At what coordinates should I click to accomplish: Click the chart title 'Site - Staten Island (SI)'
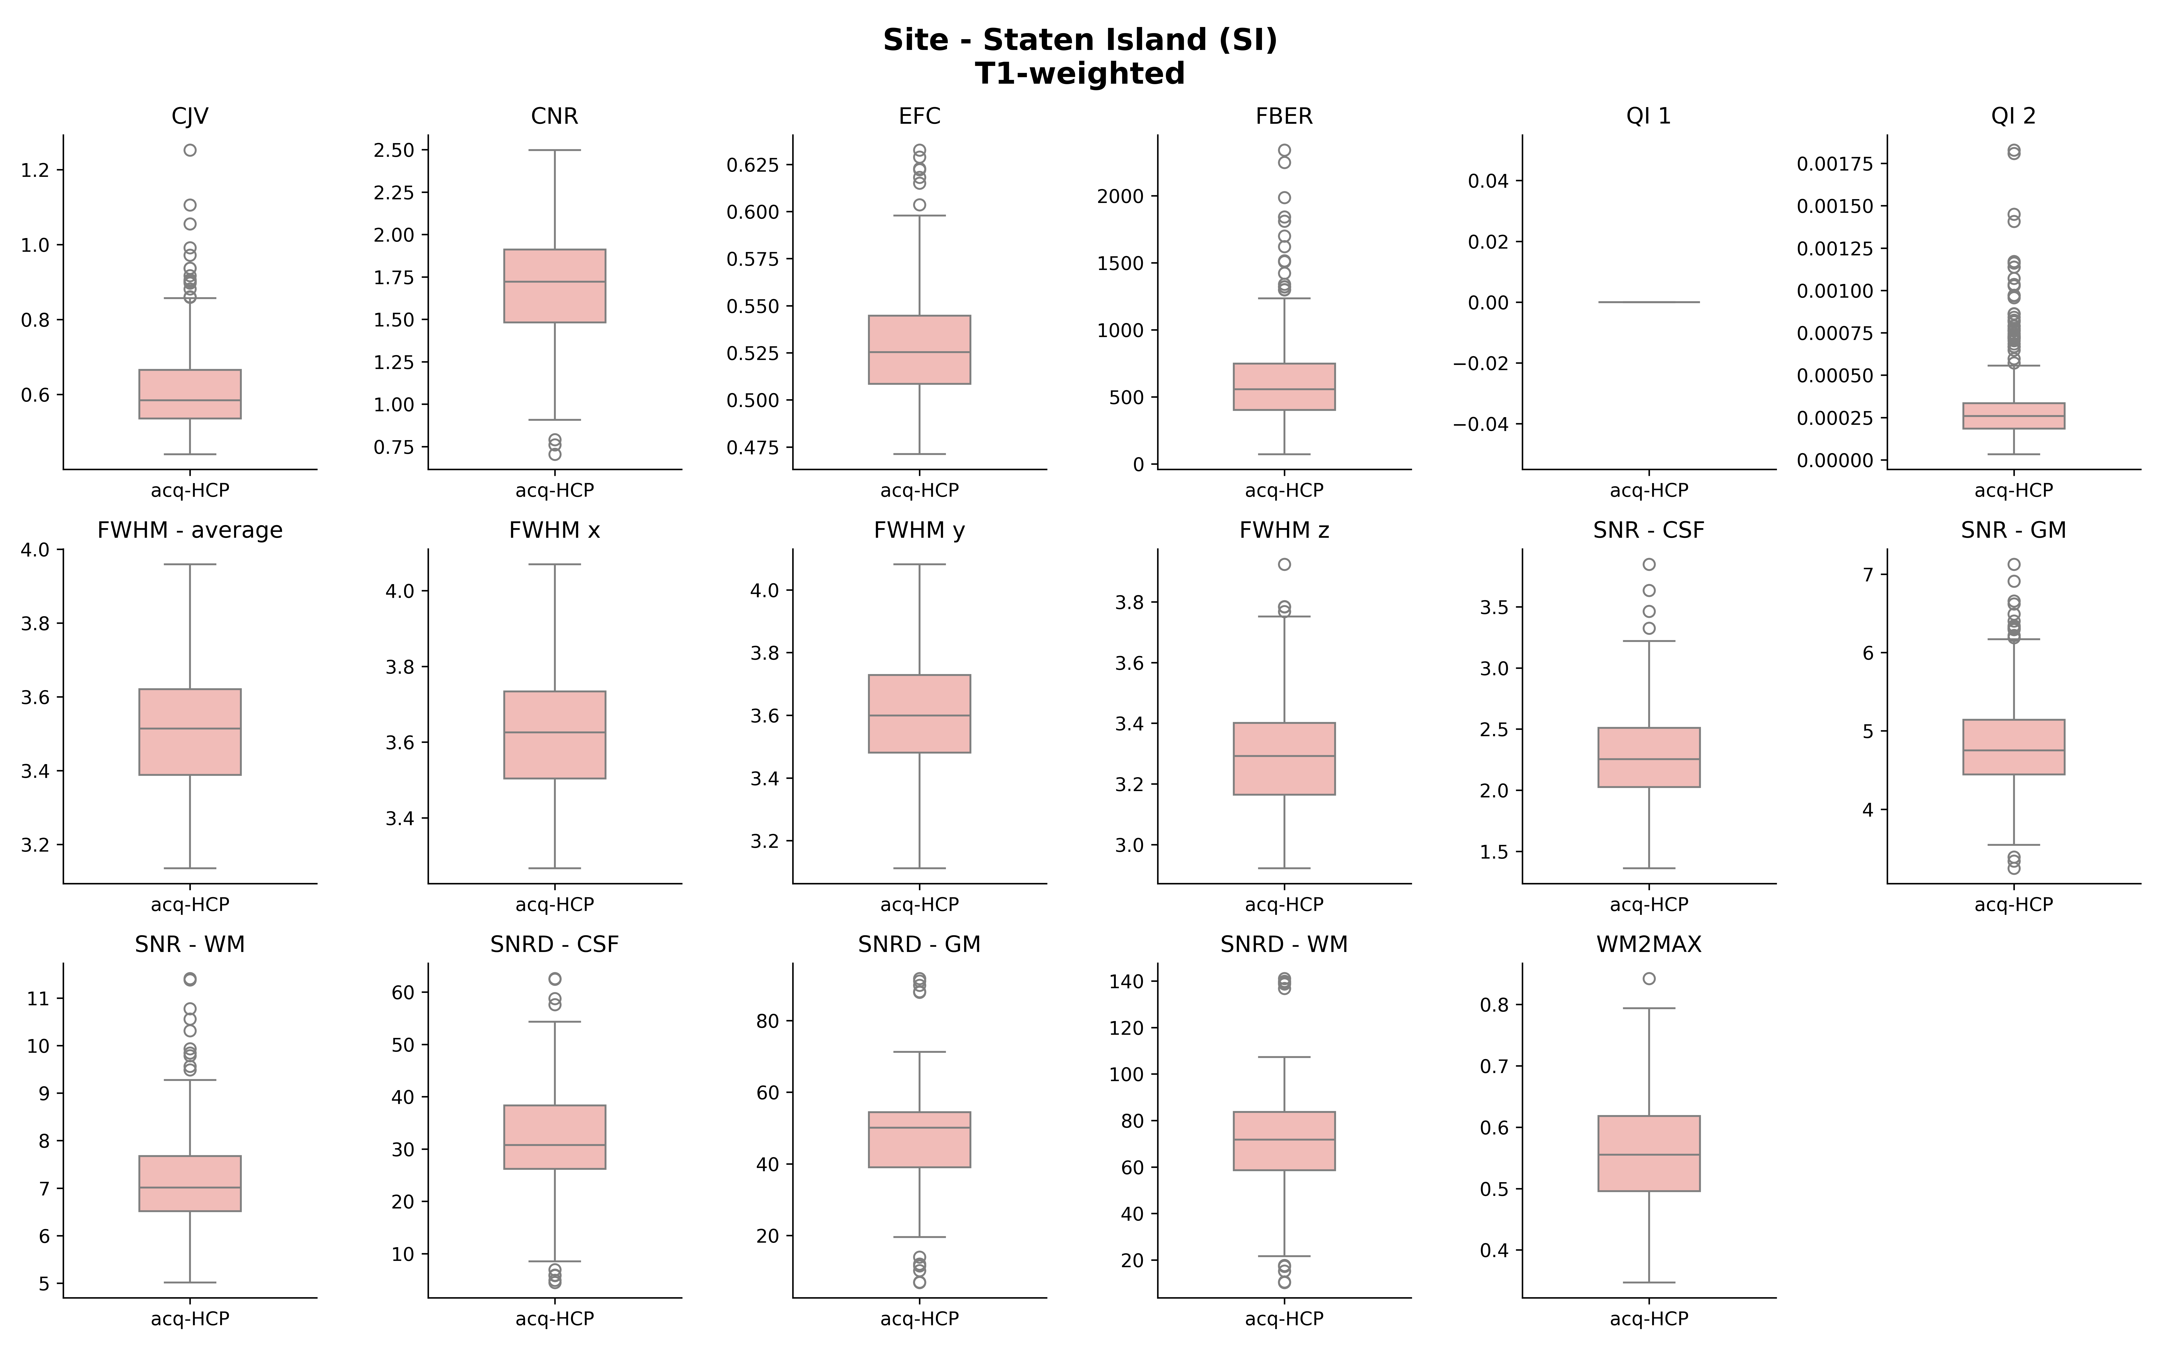tap(1080, 40)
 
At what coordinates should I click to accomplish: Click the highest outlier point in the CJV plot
tap(190, 150)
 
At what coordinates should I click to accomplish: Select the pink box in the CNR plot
tap(554, 286)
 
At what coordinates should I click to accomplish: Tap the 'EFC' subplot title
tap(919, 116)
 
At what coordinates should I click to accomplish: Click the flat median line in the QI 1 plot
tap(1648, 302)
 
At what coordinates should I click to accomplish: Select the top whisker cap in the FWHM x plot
tap(554, 564)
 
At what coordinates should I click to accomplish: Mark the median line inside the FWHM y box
tap(919, 715)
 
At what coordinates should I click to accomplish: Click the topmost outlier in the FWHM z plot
tap(1284, 564)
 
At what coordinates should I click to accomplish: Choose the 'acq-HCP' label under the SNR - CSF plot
tap(1648, 904)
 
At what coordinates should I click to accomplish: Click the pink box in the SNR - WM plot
tap(190, 1183)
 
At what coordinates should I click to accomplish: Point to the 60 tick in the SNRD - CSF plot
tap(404, 993)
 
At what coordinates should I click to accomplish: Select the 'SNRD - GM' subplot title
tap(919, 945)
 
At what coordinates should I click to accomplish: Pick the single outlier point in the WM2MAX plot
tap(1648, 979)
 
